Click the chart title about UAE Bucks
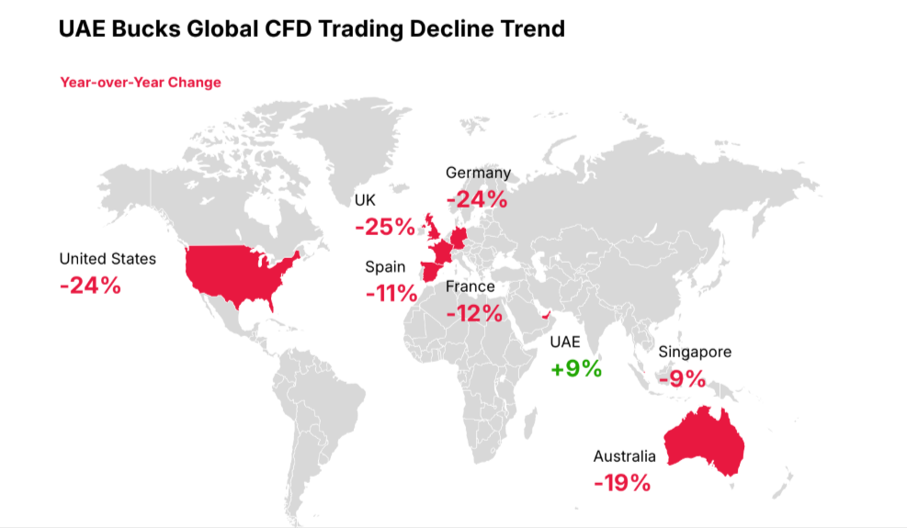point(312,28)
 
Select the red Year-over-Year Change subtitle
point(141,83)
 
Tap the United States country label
point(108,259)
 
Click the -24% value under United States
point(90,285)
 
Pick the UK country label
point(365,200)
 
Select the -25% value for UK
point(384,226)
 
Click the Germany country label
point(478,173)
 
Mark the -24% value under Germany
point(476,198)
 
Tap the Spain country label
point(385,267)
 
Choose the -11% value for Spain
point(391,294)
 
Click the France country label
point(470,286)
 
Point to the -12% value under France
point(474,313)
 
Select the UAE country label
point(565,343)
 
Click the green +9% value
point(576,369)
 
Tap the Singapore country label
point(695,352)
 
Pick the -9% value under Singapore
point(682,377)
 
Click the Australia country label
point(625,456)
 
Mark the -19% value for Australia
point(622,482)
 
